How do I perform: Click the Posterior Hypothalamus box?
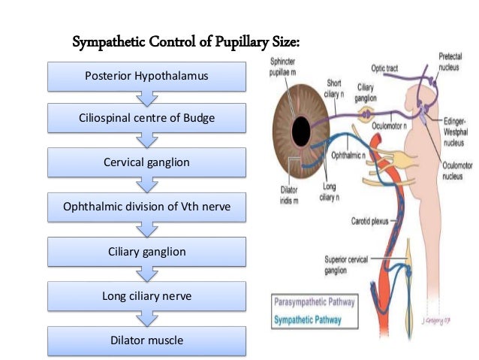tap(146, 76)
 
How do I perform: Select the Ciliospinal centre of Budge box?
tap(146, 119)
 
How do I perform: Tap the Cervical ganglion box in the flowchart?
tap(146, 162)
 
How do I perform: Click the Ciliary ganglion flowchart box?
tap(146, 252)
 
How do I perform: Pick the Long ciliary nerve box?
tap(146, 296)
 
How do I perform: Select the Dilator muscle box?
tap(146, 340)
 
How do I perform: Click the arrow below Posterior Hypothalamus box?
tap(146, 98)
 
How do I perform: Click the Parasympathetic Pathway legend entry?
tap(313, 304)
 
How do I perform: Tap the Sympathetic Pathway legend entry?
tap(309, 319)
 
